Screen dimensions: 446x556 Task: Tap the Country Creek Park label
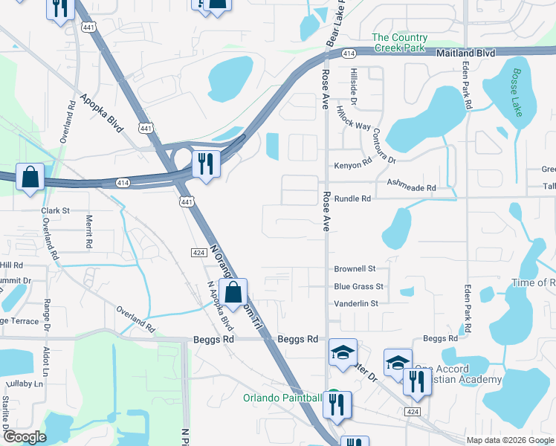[x=400, y=42]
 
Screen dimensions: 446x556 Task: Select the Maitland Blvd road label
[x=466, y=54]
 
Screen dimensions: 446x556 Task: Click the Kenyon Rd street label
[x=352, y=164]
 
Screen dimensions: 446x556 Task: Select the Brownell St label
[x=355, y=268]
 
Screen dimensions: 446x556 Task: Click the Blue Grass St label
[x=358, y=286]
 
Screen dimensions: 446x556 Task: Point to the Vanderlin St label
[x=356, y=303]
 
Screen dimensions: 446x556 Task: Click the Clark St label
[x=55, y=210]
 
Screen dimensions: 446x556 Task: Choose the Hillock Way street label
[x=353, y=116]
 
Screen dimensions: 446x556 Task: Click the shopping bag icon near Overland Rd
[x=30, y=178]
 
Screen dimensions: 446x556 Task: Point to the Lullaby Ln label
[x=22, y=384]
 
